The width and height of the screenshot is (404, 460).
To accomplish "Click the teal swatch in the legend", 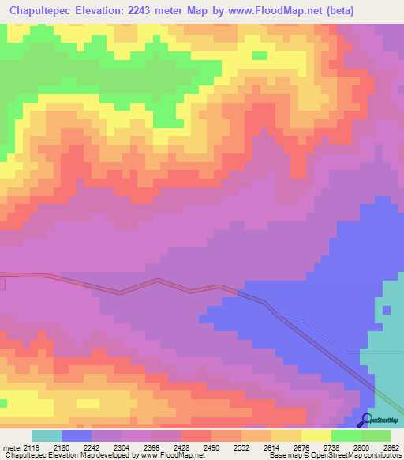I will [x=46, y=435].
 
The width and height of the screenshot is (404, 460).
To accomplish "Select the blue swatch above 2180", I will [x=76, y=435].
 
